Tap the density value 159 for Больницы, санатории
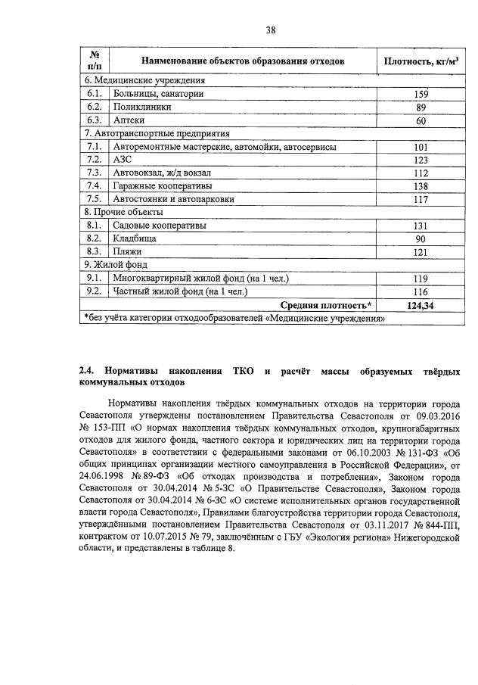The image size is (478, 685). click(421, 94)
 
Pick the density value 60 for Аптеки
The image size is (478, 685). click(421, 121)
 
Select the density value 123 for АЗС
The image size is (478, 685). click(421, 160)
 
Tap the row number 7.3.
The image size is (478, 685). click(95, 173)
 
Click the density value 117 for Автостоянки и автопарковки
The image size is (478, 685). click(421, 200)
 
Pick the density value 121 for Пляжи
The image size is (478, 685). click(421, 252)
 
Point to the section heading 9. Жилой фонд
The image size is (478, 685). click(116, 265)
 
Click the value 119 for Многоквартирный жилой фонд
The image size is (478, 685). click(421, 279)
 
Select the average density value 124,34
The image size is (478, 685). click(421, 305)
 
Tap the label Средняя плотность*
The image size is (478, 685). click(326, 305)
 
